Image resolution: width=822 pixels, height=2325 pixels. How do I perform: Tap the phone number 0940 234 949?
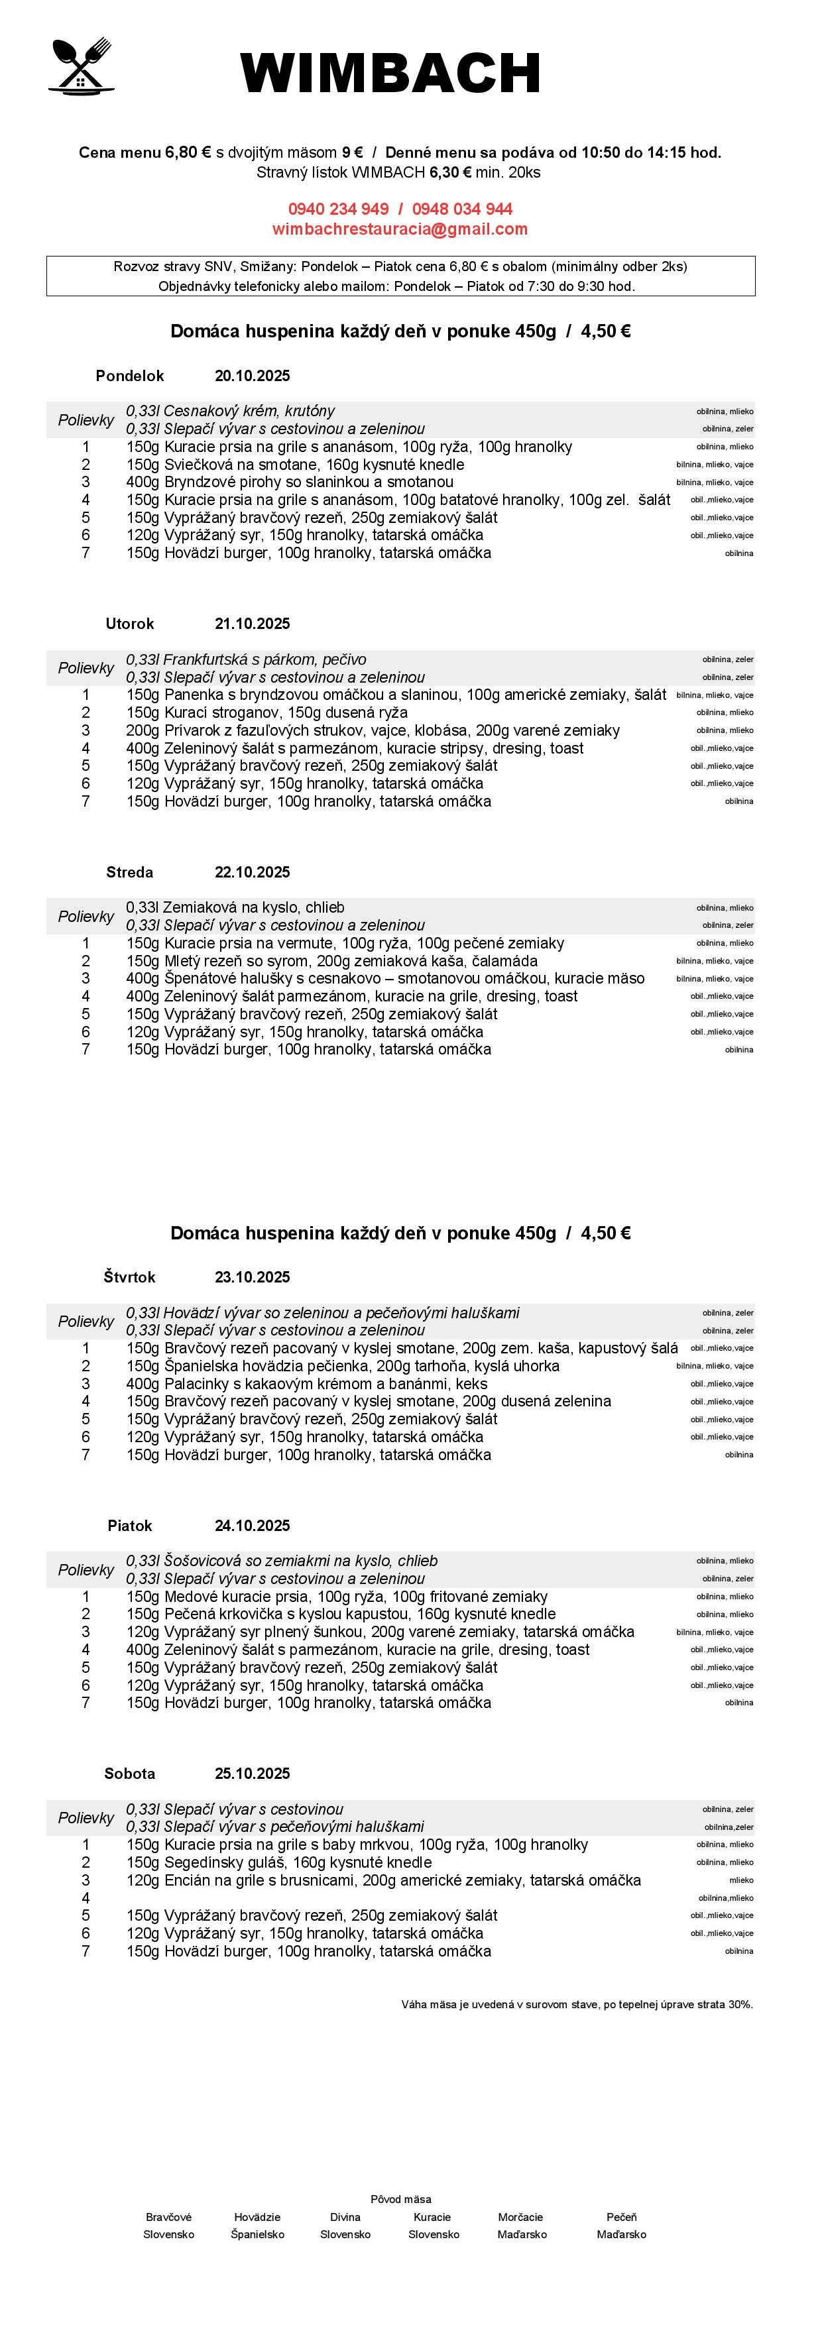point(338,209)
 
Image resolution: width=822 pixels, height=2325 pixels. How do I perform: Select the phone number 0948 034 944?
point(462,209)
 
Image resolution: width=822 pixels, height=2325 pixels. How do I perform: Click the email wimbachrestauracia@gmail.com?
point(400,229)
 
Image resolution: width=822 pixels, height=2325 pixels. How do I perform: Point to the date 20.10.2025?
point(252,376)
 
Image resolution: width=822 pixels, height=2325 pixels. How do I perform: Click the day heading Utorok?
point(130,624)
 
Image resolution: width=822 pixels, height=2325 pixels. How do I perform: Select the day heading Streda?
point(130,872)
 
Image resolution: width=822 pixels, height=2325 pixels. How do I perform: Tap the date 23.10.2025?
point(252,1277)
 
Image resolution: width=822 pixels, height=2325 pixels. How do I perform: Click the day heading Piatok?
point(130,1525)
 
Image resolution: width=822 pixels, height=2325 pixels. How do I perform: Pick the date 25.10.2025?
point(252,1774)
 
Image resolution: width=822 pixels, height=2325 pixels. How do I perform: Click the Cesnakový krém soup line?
point(230,411)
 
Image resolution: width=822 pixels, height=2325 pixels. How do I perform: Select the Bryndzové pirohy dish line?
point(290,482)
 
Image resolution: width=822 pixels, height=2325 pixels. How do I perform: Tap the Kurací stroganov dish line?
point(267,712)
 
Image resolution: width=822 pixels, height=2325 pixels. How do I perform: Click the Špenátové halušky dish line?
point(385,978)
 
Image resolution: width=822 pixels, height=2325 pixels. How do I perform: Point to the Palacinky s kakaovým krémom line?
point(307,1384)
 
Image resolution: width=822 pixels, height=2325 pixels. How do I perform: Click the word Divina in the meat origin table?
point(345,2217)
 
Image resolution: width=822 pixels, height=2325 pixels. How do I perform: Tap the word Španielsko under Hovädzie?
point(257,2235)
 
